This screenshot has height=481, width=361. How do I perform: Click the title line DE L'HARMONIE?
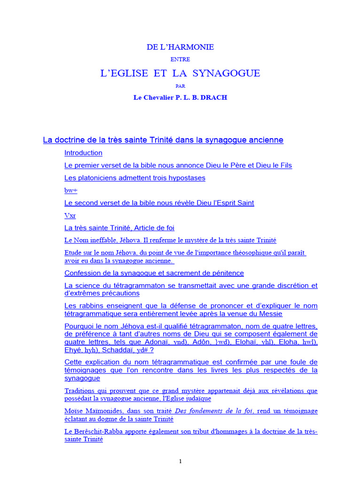pyautogui.click(x=180, y=47)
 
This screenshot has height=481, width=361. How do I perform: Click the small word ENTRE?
pyautogui.click(x=180, y=60)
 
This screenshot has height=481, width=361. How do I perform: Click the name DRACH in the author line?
pyautogui.click(x=214, y=98)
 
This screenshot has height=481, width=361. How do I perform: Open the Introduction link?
pyautogui.click(x=83, y=153)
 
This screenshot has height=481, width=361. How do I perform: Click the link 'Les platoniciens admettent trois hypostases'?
pyautogui.click(x=134, y=178)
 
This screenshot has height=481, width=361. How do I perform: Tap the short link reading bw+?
pyautogui.click(x=71, y=191)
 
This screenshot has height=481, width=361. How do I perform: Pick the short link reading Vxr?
pyautogui.click(x=70, y=216)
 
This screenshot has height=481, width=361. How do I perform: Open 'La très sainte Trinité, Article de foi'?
pyautogui.click(x=119, y=228)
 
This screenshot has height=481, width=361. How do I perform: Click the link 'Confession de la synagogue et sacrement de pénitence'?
pyautogui.click(x=154, y=273)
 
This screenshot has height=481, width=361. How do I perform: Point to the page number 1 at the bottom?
pyautogui.click(x=180, y=462)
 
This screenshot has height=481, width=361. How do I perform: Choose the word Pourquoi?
pyautogui.click(x=78, y=326)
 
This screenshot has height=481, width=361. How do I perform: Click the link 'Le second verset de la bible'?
pyautogui.click(x=159, y=203)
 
